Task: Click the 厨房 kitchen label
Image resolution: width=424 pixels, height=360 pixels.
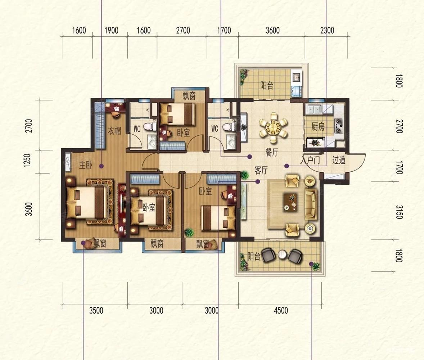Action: tap(318, 127)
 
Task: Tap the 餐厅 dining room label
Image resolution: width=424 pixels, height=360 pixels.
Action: tap(271, 153)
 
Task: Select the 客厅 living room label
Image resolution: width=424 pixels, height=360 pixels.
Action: tap(261, 170)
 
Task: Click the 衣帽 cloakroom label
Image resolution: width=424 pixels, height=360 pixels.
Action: tap(114, 131)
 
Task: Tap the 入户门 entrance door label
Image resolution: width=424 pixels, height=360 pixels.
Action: tap(310, 161)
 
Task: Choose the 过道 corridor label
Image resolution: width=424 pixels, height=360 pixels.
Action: tap(339, 160)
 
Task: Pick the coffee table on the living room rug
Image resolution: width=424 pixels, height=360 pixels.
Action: tap(290, 201)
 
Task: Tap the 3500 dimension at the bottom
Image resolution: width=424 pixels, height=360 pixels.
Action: tap(96, 310)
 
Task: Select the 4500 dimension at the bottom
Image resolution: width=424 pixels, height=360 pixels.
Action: tap(281, 310)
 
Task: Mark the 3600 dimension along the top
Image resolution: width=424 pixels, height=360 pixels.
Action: tap(272, 30)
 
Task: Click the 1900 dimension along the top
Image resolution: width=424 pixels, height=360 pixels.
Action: tap(112, 30)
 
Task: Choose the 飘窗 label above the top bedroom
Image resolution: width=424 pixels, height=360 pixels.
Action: tap(189, 96)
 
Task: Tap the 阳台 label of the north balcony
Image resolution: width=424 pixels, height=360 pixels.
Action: tap(267, 86)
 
